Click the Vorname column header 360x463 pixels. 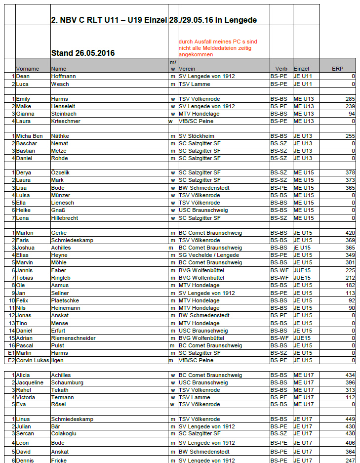[x=28, y=69]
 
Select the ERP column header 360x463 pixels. [x=337, y=69]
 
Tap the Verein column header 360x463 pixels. [x=187, y=69]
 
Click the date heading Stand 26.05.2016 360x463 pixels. [x=83, y=53]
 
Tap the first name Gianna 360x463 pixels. [x=25, y=114]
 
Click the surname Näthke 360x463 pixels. [x=62, y=136]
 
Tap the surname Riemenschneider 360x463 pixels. [x=74, y=338]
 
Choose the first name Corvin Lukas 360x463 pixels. [x=33, y=361]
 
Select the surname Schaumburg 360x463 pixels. [x=67, y=382]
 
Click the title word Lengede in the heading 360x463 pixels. [x=242, y=20]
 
